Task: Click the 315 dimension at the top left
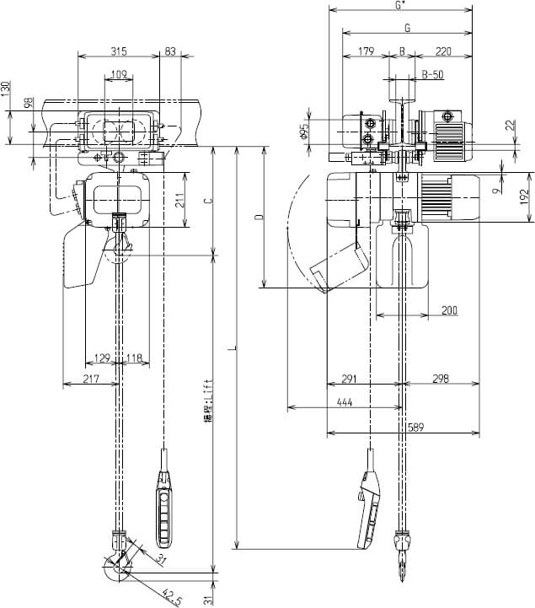[x=119, y=51]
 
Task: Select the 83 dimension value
[x=171, y=51]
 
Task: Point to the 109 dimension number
[x=119, y=75]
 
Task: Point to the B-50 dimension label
[x=432, y=75]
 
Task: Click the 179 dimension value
[x=365, y=51]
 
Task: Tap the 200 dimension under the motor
[x=449, y=311]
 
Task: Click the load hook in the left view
[x=118, y=562]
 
